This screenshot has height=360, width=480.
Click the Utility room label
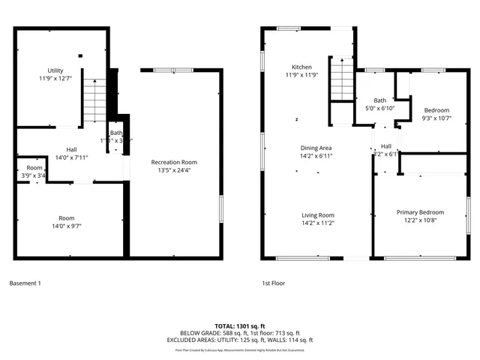(x=55, y=70)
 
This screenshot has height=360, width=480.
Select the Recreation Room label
(x=173, y=162)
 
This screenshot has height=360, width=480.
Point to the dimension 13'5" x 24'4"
(x=173, y=169)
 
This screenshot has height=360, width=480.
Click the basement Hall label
(x=71, y=149)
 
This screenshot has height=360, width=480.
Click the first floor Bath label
(x=380, y=100)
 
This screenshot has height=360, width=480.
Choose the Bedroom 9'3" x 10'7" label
(x=436, y=110)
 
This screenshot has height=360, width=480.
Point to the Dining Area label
(x=316, y=148)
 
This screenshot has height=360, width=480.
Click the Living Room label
(x=316, y=214)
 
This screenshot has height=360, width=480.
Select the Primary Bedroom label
(x=420, y=212)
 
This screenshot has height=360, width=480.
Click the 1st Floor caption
(x=273, y=283)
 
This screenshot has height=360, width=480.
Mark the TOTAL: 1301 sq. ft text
(x=239, y=326)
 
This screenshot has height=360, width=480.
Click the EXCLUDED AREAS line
(x=239, y=340)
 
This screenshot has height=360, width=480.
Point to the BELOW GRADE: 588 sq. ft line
(x=214, y=333)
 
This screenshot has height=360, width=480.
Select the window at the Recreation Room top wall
(x=179, y=70)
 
